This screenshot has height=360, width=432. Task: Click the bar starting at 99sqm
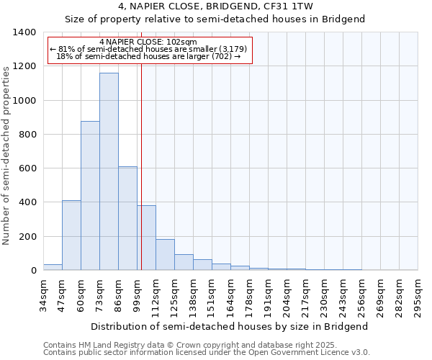(x=146, y=238)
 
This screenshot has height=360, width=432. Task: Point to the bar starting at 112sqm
(x=165, y=255)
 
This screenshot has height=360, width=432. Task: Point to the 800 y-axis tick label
(x=27, y=135)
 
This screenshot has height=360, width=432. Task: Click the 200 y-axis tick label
(x=27, y=237)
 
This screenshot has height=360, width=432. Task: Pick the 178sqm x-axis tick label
(x=249, y=295)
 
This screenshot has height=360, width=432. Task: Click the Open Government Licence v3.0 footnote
(x=207, y=352)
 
